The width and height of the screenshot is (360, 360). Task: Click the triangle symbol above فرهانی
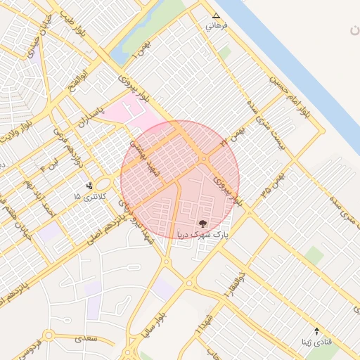pos(216,15)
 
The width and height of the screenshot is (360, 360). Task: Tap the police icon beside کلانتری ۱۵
pos(90,186)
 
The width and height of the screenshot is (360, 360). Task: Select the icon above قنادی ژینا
pos(316,330)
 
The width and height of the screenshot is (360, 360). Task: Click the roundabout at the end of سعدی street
pos(48,336)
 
